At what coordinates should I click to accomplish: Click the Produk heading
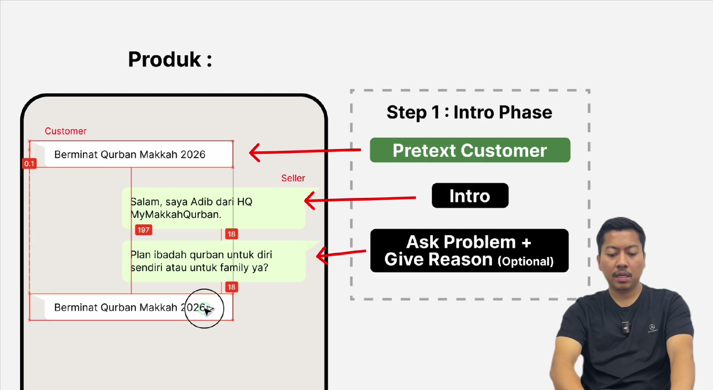[170, 59]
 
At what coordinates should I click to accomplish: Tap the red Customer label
[66, 131]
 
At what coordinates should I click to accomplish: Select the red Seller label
[293, 178]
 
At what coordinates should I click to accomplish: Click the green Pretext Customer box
[470, 150]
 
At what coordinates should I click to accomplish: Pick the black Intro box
[470, 196]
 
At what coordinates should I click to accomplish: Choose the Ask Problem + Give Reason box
[469, 251]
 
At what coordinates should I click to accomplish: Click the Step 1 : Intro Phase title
[469, 112]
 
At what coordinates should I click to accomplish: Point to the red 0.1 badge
[29, 164]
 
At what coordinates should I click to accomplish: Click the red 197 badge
[144, 230]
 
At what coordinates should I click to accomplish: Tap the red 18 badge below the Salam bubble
[231, 234]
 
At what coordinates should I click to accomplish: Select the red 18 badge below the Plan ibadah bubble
[231, 287]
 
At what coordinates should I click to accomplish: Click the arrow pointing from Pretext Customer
[305, 151]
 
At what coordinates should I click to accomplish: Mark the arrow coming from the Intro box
[360, 199]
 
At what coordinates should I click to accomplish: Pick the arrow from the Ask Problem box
[341, 253]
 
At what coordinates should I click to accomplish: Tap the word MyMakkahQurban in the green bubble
[176, 214]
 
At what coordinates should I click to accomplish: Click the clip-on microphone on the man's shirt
[626, 326]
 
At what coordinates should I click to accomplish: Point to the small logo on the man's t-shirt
[652, 328]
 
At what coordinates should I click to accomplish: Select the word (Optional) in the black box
[526, 261]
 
